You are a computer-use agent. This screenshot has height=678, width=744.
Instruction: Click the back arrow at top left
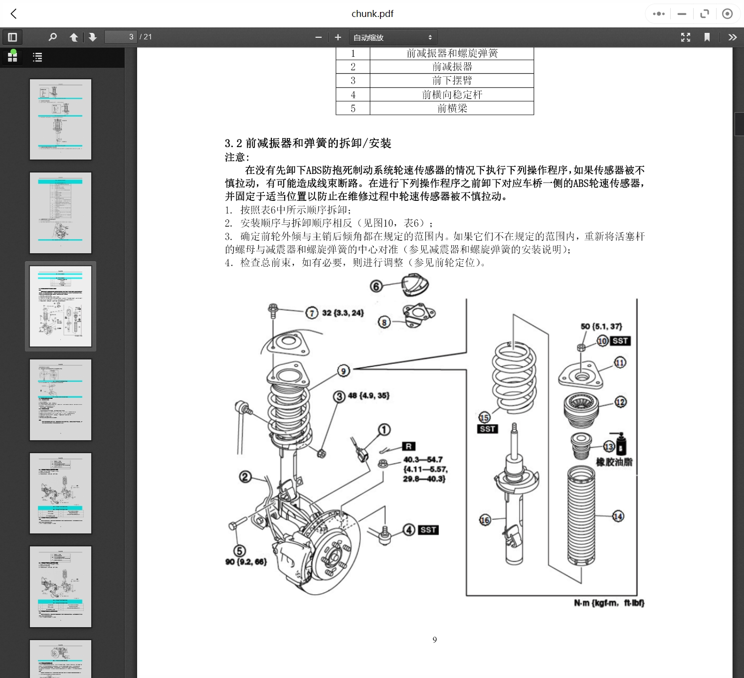13,14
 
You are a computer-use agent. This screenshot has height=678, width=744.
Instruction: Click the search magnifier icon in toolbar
52,37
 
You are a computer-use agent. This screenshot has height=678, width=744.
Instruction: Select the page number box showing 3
120,37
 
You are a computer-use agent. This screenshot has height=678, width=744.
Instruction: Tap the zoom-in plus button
338,37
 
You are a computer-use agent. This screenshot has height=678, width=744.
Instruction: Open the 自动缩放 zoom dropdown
392,37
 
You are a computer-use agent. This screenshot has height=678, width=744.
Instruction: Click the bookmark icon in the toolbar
707,37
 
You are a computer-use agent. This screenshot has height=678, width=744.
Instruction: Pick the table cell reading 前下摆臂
452,81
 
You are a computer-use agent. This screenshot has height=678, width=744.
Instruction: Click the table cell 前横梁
452,109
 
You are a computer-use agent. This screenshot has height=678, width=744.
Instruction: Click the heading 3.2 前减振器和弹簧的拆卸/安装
308,144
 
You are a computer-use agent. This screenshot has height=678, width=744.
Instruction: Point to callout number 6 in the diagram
376,286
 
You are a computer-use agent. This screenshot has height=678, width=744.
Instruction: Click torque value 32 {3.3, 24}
343,313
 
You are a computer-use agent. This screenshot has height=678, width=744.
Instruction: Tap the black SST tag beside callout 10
620,341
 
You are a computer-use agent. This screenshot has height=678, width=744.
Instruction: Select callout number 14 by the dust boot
618,516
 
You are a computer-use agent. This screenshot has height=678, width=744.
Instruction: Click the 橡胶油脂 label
614,462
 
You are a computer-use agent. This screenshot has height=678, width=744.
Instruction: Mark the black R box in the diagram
408,447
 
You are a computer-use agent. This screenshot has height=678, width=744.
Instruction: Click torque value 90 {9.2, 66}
246,562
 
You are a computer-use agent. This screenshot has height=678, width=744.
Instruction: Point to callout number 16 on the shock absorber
485,520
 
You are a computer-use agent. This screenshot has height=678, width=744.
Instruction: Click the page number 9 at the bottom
435,640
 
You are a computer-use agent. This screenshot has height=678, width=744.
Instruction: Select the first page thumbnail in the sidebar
60,119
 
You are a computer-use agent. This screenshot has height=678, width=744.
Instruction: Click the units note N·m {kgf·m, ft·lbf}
609,603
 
